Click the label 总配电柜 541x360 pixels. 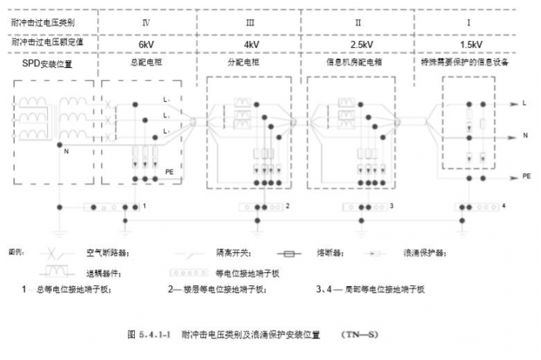[146, 62]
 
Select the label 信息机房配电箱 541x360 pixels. [358, 62]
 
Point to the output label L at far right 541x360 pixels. [524, 102]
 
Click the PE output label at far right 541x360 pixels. [526, 176]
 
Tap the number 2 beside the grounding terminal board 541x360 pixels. [287, 207]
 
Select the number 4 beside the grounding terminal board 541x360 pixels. [503, 207]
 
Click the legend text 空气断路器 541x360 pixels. [106, 253]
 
